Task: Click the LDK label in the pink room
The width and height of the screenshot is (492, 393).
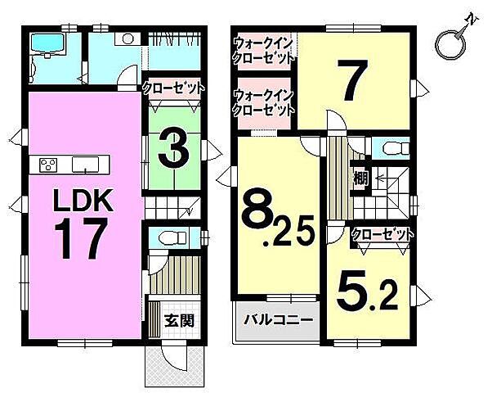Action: click(83, 201)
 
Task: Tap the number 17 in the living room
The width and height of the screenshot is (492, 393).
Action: click(81, 239)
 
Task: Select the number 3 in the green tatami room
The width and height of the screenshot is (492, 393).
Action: click(173, 149)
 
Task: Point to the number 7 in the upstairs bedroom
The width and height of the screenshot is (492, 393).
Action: click(351, 80)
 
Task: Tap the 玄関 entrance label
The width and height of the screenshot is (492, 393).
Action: click(180, 321)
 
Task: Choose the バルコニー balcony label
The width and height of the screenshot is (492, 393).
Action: click(279, 320)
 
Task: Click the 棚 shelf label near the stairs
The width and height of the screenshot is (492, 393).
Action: click(361, 179)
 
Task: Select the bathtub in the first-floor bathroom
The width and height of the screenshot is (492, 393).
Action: click(47, 43)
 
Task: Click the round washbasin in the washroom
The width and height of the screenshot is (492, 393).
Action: click(128, 38)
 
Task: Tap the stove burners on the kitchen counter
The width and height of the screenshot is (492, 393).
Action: click(48, 165)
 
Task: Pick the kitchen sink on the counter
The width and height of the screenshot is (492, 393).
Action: click(85, 165)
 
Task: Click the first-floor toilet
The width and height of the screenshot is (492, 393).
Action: click(173, 238)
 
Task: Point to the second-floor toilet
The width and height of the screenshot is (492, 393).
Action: click(396, 147)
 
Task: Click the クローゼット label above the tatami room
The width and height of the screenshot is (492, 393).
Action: click(173, 88)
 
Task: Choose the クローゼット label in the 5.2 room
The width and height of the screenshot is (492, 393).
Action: click(382, 234)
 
